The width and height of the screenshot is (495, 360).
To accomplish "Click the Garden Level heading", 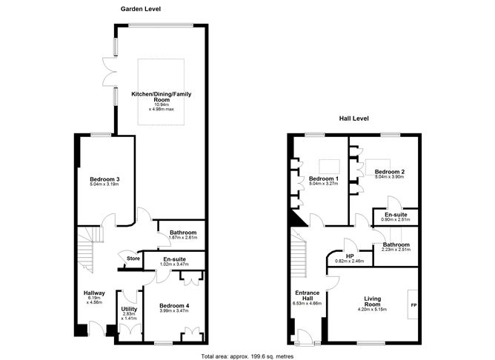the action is (141, 9).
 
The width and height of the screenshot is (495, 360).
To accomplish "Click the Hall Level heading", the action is (354, 119).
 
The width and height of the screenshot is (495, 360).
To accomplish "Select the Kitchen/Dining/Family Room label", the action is (162, 96).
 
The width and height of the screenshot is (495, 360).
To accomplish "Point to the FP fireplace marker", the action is (413, 305).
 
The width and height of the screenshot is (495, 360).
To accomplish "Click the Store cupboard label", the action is (133, 259).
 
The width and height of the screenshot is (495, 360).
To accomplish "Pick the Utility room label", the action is (129, 309).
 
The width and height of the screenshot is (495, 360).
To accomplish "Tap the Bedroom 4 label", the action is (174, 306).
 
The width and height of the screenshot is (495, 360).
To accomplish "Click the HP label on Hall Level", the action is (350, 256).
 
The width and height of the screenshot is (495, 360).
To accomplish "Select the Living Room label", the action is (373, 301).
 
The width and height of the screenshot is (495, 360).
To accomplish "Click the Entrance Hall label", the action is (308, 296).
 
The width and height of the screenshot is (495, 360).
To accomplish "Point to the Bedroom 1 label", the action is (324, 179).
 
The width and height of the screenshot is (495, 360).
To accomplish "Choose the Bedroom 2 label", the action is (390, 172).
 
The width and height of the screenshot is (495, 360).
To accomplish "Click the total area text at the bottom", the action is (247, 356).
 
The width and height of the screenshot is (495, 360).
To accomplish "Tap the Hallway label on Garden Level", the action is (94, 293).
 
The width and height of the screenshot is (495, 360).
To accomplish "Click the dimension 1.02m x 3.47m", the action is (173, 264).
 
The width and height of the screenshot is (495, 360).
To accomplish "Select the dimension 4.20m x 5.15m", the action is (373, 309).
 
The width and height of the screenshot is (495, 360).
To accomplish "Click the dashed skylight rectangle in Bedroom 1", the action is (329, 167).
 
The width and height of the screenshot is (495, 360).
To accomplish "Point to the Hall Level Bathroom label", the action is (396, 244).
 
